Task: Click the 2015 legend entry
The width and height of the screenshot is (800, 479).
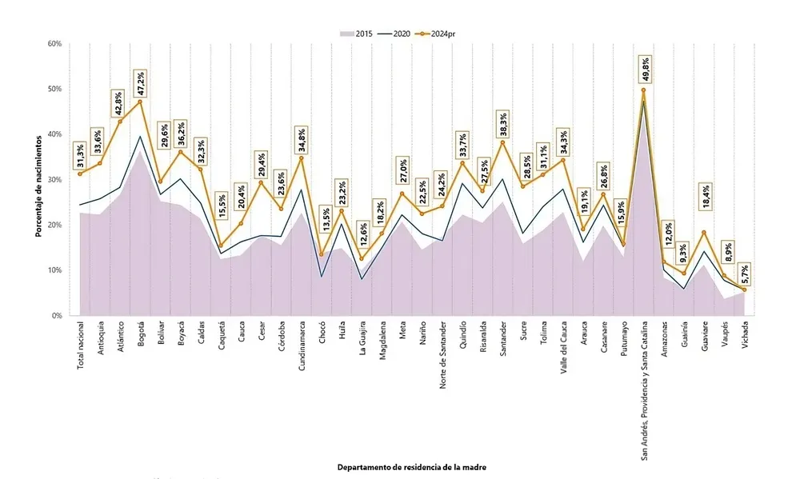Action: pyautogui.click(x=358, y=34)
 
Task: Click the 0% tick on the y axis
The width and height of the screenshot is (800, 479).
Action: pyautogui.click(x=57, y=316)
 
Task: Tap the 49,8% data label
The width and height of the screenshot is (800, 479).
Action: pyautogui.click(x=644, y=69)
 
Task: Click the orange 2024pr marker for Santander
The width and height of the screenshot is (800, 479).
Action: pyautogui.click(x=503, y=142)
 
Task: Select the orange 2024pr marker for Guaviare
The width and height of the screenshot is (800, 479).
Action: pyautogui.click(x=704, y=233)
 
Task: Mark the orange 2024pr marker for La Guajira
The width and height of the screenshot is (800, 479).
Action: pyautogui.click(x=362, y=258)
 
